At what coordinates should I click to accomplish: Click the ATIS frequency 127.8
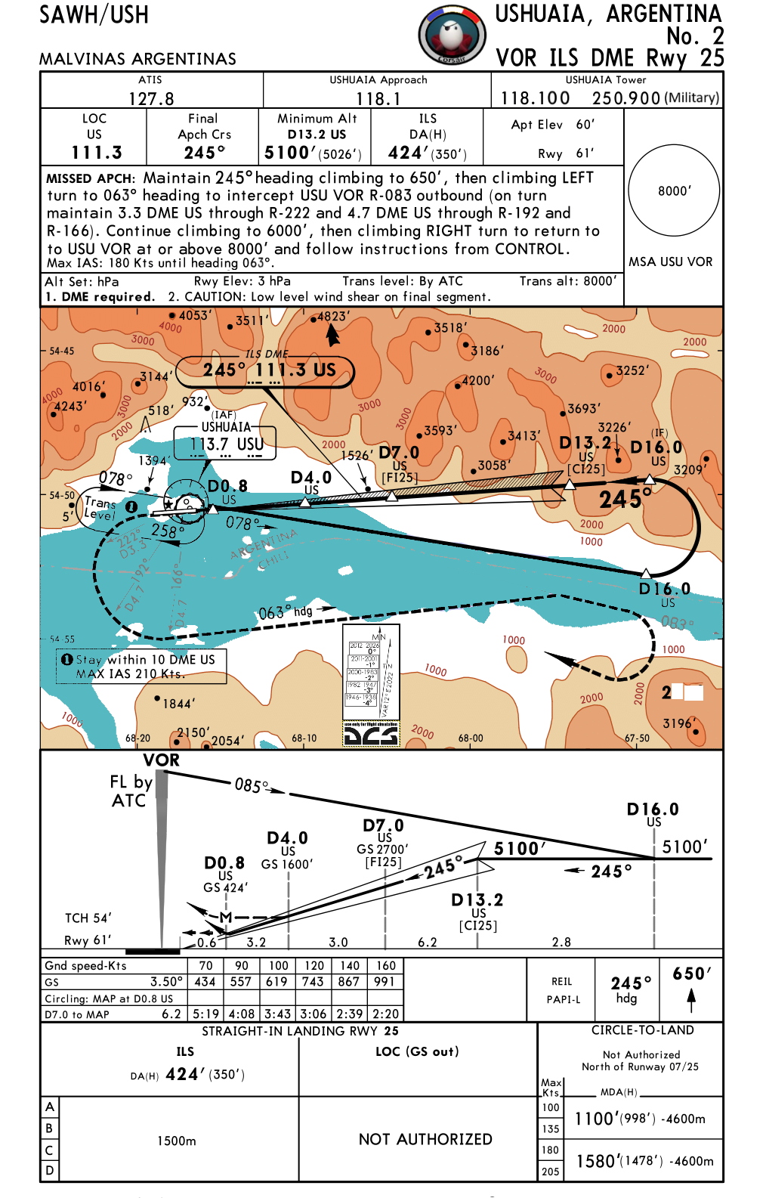coord(151,99)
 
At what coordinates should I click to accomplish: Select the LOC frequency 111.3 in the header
coord(97,153)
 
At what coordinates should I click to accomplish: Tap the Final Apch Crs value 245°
coord(205,153)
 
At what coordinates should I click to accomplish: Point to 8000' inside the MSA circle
coord(674,191)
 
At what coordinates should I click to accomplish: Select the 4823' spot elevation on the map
coord(332,317)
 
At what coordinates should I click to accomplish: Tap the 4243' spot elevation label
coord(69,407)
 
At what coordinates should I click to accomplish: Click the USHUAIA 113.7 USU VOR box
coord(226,443)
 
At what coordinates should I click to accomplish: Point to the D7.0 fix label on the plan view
coord(398,453)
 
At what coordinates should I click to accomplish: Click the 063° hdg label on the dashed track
coord(286,612)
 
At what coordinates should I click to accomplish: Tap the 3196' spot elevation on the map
coord(678,723)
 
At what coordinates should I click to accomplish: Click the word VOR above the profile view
coord(162,760)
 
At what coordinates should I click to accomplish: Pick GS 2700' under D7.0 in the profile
coord(383,850)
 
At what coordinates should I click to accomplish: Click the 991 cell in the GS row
coord(385,982)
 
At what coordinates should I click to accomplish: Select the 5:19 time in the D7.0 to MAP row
coord(205,1014)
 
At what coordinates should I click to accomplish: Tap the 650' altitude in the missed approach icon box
coord(692,974)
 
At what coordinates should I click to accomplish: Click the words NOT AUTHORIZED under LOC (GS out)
coord(425,1139)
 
